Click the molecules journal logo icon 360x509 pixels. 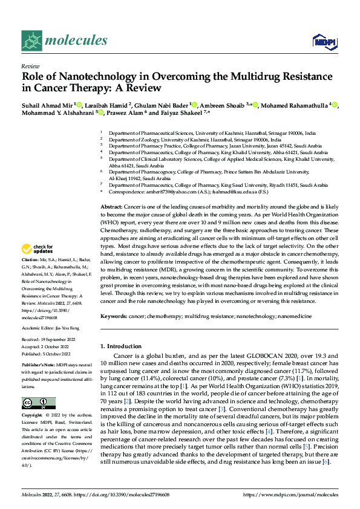(31, 41)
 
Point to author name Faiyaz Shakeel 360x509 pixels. (184, 112)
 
